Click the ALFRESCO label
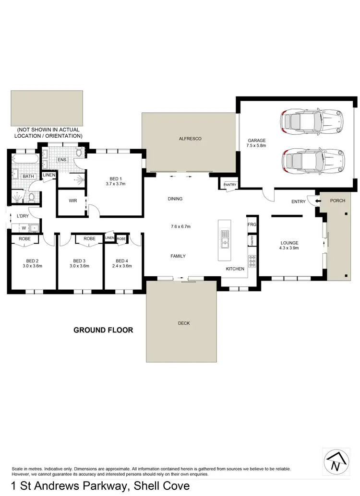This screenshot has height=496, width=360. (x=190, y=139)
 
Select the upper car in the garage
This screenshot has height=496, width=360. (x=312, y=123)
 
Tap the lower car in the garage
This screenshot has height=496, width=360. (x=312, y=159)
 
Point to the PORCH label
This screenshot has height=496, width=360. (x=338, y=201)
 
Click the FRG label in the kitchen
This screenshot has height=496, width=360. (x=251, y=224)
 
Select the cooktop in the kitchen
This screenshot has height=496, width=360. (x=251, y=261)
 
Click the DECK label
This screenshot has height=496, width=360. (x=183, y=323)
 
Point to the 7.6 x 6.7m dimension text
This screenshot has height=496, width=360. (x=180, y=226)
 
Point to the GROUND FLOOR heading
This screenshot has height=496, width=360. (x=103, y=330)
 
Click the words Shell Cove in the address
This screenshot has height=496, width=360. (x=163, y=486)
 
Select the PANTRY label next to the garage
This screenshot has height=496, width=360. (x=227, y=184)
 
